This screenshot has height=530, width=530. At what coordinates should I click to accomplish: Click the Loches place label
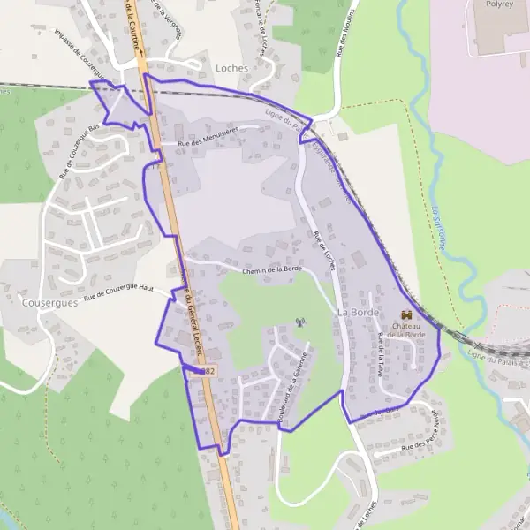[x=232, y=67]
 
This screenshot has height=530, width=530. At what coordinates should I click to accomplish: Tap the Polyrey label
[x=499, y=4]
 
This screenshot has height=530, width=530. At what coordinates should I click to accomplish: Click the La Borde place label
[x=358, y=314]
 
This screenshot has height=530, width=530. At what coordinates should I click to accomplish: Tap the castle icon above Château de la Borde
[x=406, y=314]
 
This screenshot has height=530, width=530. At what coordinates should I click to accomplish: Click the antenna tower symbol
[x=299, y=322]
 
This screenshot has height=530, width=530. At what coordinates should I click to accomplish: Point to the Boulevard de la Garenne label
[x=294, y=386]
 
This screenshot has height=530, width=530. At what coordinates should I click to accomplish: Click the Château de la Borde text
[x=406, y=330]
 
